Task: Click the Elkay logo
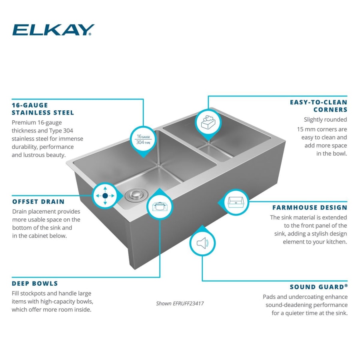[53, 30]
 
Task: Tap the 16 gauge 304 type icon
[143, 139]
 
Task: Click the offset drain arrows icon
[105, 196]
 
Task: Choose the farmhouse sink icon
[236, 201]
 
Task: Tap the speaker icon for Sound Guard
[202, 243]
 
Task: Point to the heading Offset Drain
[38, 202]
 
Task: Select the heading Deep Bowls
[35, 284]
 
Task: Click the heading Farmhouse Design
[310, 208]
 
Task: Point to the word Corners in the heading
[330, 110]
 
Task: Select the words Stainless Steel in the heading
[43, 113]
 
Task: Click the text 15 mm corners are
[322, 129]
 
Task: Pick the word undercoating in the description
[312, 297]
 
